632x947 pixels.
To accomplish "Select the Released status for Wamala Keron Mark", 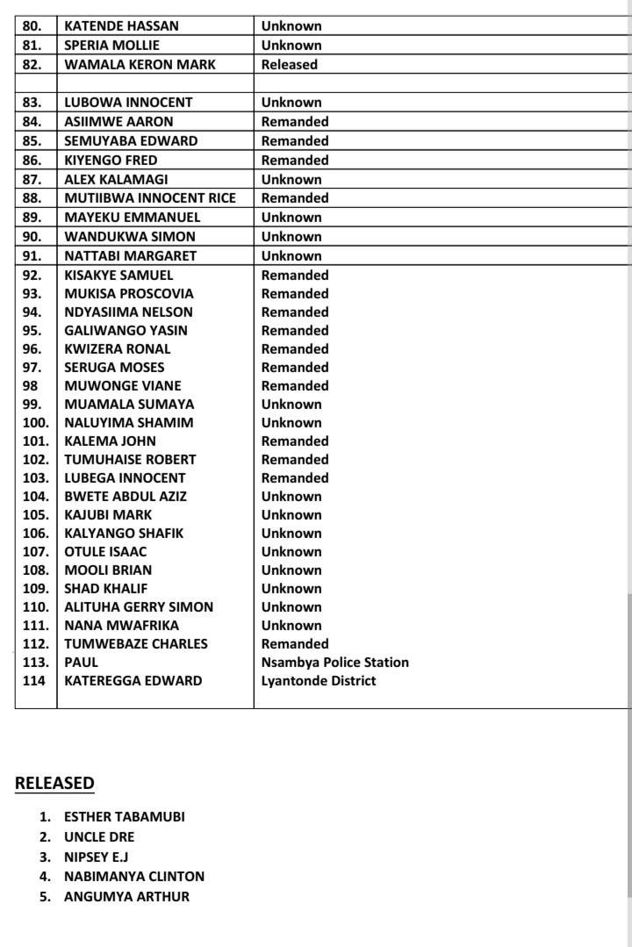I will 290,64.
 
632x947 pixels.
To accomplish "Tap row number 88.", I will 32,198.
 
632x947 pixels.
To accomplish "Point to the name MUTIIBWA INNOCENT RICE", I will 150,198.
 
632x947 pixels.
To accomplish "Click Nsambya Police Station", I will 335,663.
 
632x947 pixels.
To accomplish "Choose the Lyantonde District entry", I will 319,681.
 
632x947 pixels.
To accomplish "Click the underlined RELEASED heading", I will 54,783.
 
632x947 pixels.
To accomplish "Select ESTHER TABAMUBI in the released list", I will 125,816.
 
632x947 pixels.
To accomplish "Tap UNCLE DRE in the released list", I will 99,836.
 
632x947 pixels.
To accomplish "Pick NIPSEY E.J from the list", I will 97,857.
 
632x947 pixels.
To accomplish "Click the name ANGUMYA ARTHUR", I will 126,896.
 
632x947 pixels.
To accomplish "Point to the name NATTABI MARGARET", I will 131,255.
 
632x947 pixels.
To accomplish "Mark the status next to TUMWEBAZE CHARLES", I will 295,644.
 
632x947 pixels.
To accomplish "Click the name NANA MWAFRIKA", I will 121,626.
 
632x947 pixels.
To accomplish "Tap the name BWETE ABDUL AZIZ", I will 126,497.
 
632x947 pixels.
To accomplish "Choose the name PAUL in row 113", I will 82,663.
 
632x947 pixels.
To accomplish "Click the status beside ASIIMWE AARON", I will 295,121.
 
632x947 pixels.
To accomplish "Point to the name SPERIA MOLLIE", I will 112,45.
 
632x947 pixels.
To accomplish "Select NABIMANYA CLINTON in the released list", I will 134,876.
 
